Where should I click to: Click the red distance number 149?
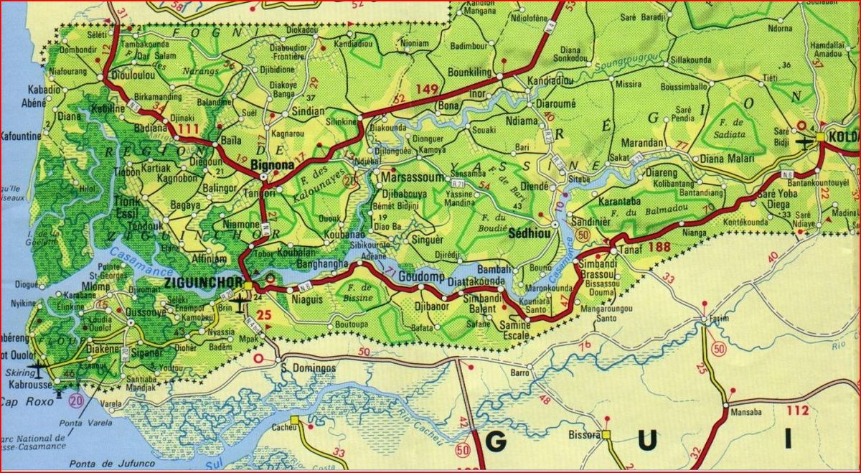point(426,89)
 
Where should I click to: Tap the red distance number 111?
point(189,128)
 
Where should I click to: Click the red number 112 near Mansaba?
point(797,411)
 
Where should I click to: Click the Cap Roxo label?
point(27,402)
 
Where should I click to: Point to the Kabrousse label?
point(29,385)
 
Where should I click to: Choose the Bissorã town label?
point(585,435)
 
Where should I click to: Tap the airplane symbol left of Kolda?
point(804,140)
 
